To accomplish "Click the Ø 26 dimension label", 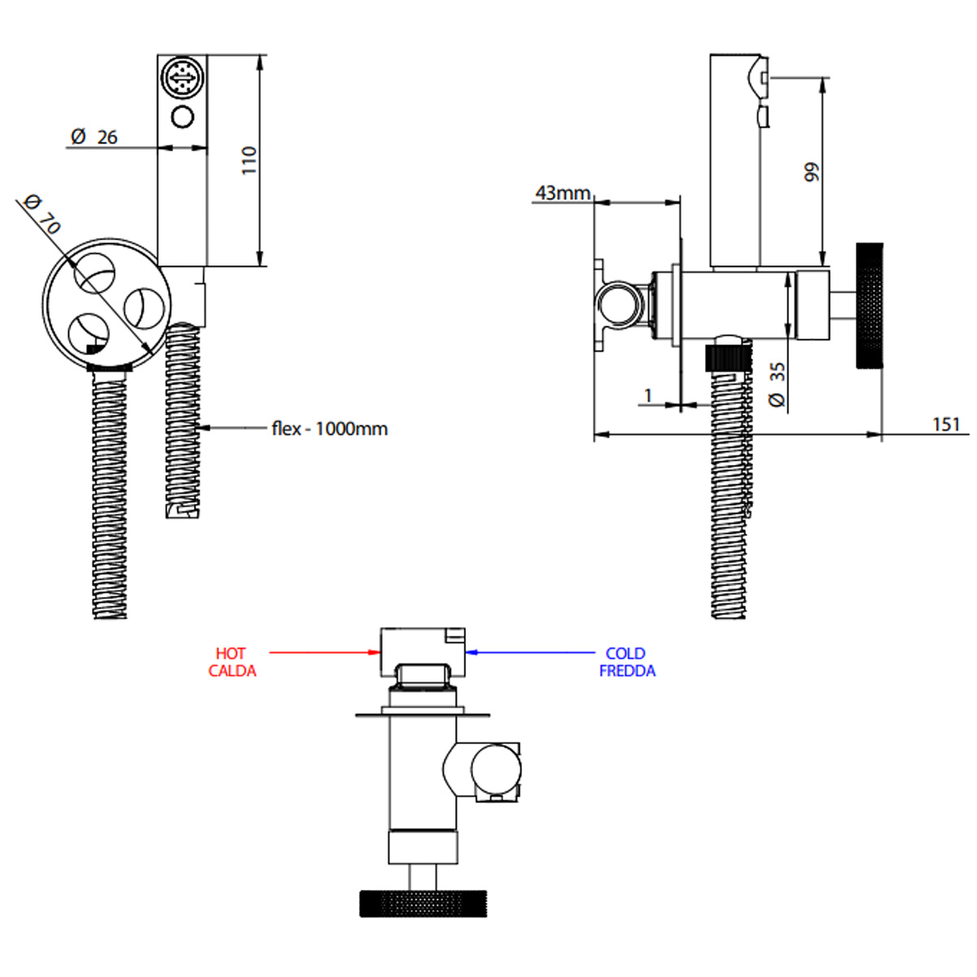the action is click(94, 137).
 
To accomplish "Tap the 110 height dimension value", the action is click(249, 160).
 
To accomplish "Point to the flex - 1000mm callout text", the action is click(330, 429).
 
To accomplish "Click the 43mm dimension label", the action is click(563, 193).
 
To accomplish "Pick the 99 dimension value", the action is click(811, 172).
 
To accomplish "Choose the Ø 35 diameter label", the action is click(777, 383).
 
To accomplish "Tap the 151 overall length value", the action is click(946, 424).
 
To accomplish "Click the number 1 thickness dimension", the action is click(648, 395).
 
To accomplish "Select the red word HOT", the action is click(230, 654).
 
